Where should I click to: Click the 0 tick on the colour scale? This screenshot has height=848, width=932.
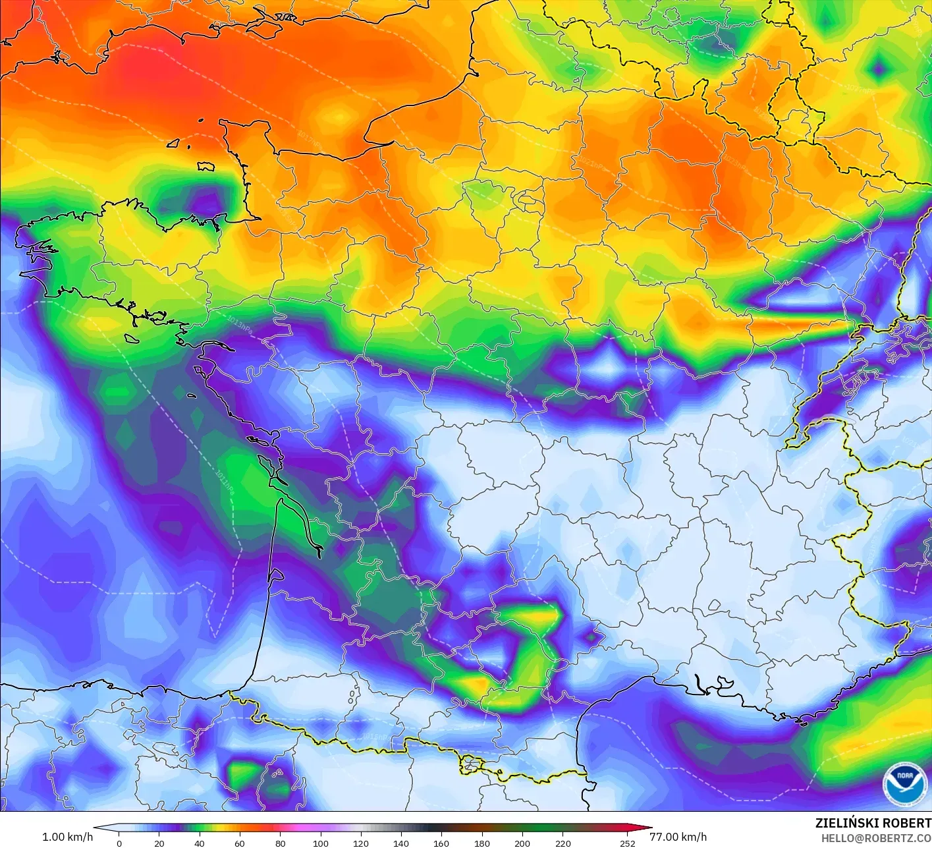coord(119,843)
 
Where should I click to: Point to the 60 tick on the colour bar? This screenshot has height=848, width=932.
coord(240,843)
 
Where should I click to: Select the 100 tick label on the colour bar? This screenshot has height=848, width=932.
coord(321,843)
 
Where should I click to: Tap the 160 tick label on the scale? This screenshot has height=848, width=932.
coord(441,843)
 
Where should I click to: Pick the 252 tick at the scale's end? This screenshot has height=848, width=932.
coord(628,843)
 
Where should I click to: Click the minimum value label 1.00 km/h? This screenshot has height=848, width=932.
coord(67,837)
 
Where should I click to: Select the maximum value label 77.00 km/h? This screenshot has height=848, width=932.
coord(678,837)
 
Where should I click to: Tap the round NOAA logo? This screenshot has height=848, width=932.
coord(904,784)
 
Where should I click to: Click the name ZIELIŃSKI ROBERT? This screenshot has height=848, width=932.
coord(873,823)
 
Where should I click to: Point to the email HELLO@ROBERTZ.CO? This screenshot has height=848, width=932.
coord(876,838)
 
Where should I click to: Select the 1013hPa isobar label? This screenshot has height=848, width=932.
coord(238,324)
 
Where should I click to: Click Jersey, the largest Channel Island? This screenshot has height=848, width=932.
coord(206,166)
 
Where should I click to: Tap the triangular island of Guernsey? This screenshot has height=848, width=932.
coord(173,143)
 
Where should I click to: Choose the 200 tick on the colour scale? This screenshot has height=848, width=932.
coord(522,843)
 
